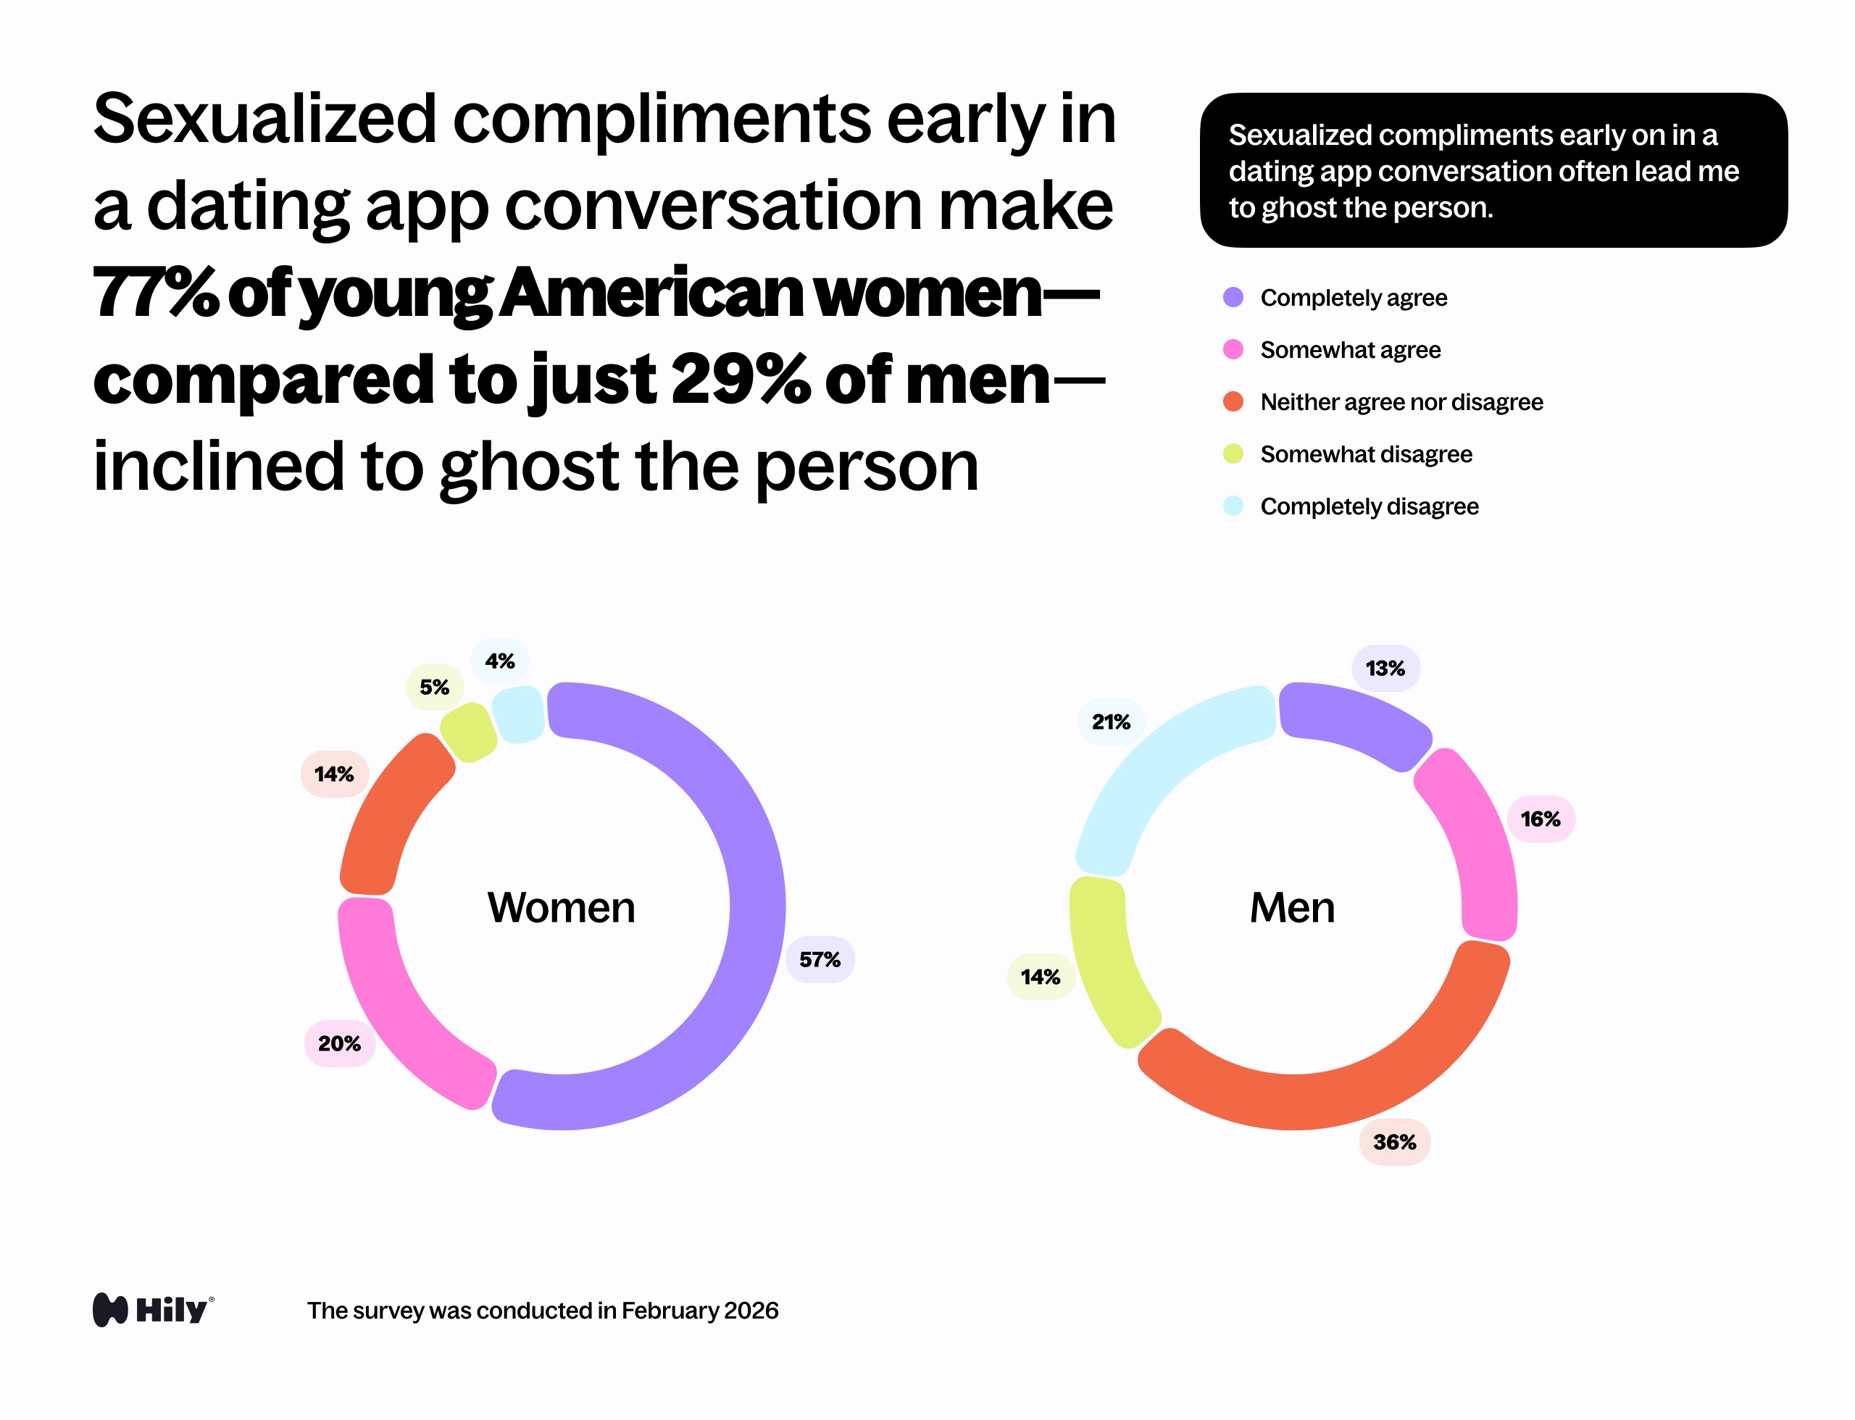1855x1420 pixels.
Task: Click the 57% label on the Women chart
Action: pos(820,959)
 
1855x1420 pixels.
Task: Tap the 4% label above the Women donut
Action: pos(500,661)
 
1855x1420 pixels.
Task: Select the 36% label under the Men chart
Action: pos(1394,1142)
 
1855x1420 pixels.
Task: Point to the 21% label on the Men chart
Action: pos(1110,722)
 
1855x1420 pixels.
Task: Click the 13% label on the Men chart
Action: pos(1385,669)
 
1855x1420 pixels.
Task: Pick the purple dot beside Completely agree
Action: pos(1233,298)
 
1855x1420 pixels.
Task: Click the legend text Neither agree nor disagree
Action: pos(1401,402)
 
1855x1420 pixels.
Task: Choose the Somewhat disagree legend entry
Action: pos(1365,455)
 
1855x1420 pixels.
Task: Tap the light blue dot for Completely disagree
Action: pos(1233,506)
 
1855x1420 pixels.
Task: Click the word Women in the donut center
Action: pos(561,908)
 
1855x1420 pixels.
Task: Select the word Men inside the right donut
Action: pos(1292,908)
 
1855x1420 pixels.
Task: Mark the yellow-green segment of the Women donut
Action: pos(468,732)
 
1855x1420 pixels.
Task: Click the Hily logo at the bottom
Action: pos(153,1310)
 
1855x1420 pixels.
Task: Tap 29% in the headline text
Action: pos(741,380)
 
